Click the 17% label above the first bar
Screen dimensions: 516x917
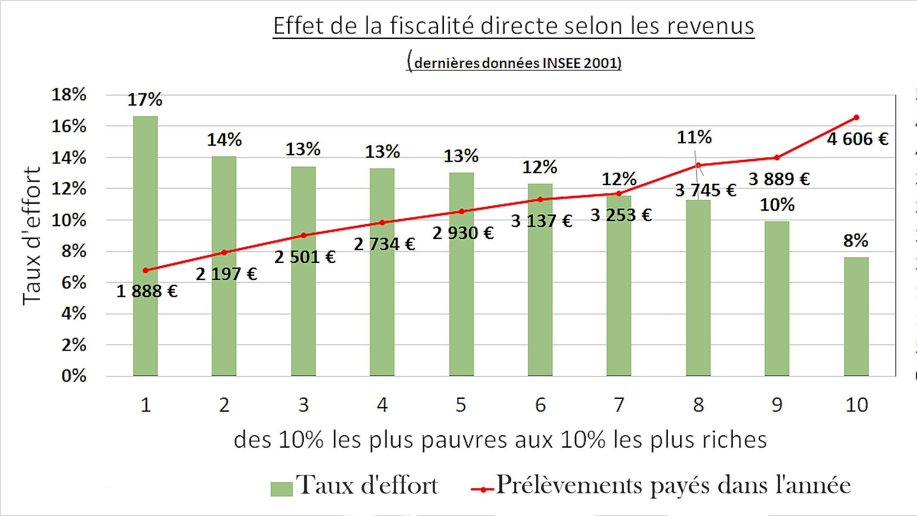[144, 100]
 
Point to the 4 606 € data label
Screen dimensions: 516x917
[857, 139]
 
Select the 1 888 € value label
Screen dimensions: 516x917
[147, 291]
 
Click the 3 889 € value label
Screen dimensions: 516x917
[779, 179]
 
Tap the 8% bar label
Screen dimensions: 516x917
[855, 241]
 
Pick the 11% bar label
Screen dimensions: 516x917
[694, 137]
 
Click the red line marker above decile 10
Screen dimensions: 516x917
[856, 118]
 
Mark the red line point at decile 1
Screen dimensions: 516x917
[145, 270]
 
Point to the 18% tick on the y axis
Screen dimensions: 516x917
[69, 95]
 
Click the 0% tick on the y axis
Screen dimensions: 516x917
[74, 376]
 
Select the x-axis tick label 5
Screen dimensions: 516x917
[461, 405]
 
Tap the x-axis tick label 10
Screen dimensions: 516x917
[856, 405]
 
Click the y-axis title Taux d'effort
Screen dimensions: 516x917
[32, 236]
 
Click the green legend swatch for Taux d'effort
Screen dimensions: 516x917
[282, 489]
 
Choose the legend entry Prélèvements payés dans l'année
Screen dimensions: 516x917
[673, 485]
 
